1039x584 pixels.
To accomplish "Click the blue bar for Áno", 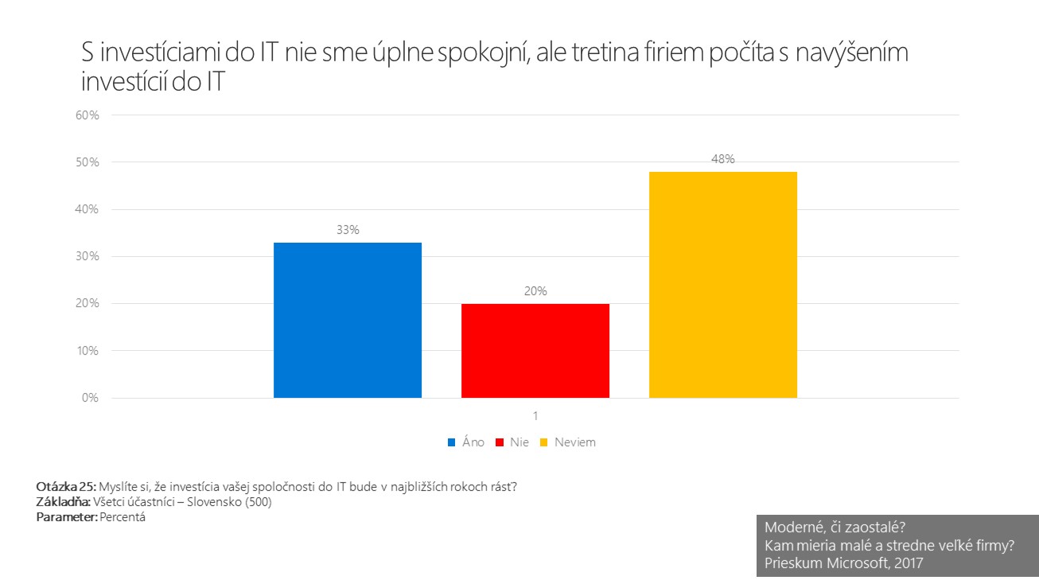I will (x=348, y=320).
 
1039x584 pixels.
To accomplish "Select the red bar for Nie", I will (x=535, y=350).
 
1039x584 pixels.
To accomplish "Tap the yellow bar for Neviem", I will (x=723, y=284).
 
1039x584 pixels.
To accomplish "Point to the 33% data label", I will (x=348, y=230).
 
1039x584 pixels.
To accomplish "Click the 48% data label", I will (x=723, y=158).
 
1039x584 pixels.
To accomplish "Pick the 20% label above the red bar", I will (x=535, y=291).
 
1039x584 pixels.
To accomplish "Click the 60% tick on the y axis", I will (x=88, y=115).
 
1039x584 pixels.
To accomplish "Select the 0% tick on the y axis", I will (x=90, y=398).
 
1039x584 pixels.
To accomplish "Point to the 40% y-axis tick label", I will (x=88, y=209).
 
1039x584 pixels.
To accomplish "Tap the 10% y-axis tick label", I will (x=88, y=351).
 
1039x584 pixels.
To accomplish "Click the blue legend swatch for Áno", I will (x=451, y=442).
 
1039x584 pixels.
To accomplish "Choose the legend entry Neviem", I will (x=574, y=442).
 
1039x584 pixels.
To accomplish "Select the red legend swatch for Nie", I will (x=500, y=442).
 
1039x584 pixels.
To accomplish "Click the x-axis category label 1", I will (x=535, y=416).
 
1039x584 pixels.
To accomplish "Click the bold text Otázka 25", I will (x=66, y=487).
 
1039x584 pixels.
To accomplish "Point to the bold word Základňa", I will (x=64, y=502).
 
